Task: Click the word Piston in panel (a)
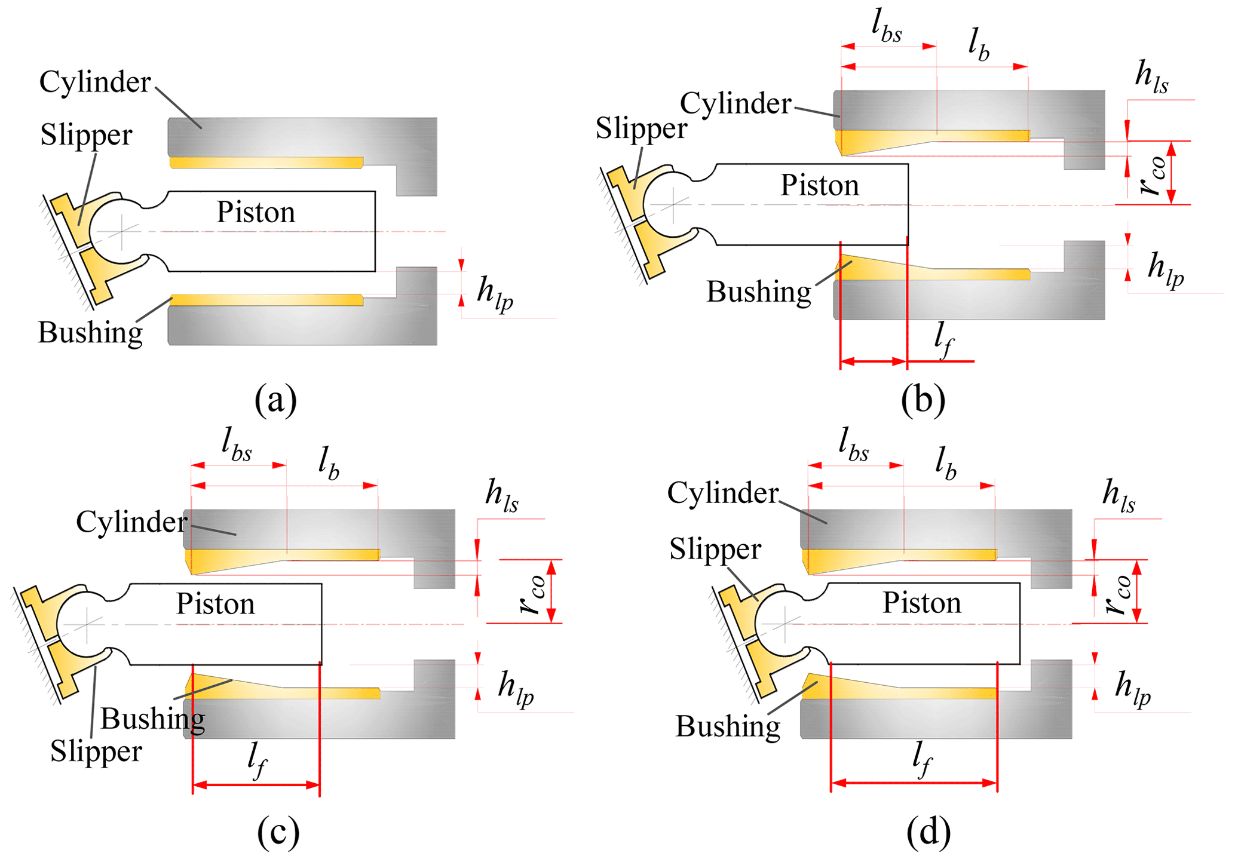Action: point(256,212)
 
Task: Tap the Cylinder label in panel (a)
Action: point(95,82)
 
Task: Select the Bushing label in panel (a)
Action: point(90,332)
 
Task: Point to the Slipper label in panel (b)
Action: point(641,128)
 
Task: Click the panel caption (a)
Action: point(275,399)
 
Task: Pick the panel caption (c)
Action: point(278,831)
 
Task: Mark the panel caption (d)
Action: point(928,831)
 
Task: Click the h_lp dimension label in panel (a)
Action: point(495,293)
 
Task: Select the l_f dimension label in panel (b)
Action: point(943,340)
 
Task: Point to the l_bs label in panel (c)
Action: point(237,445)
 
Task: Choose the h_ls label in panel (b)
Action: point(1151,78)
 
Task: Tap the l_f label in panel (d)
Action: point(923,760)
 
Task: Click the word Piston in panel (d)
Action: point(922,603)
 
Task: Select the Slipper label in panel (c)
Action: point(96,751)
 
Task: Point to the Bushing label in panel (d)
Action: point(728,726)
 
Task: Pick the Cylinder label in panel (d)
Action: point(722,493)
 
